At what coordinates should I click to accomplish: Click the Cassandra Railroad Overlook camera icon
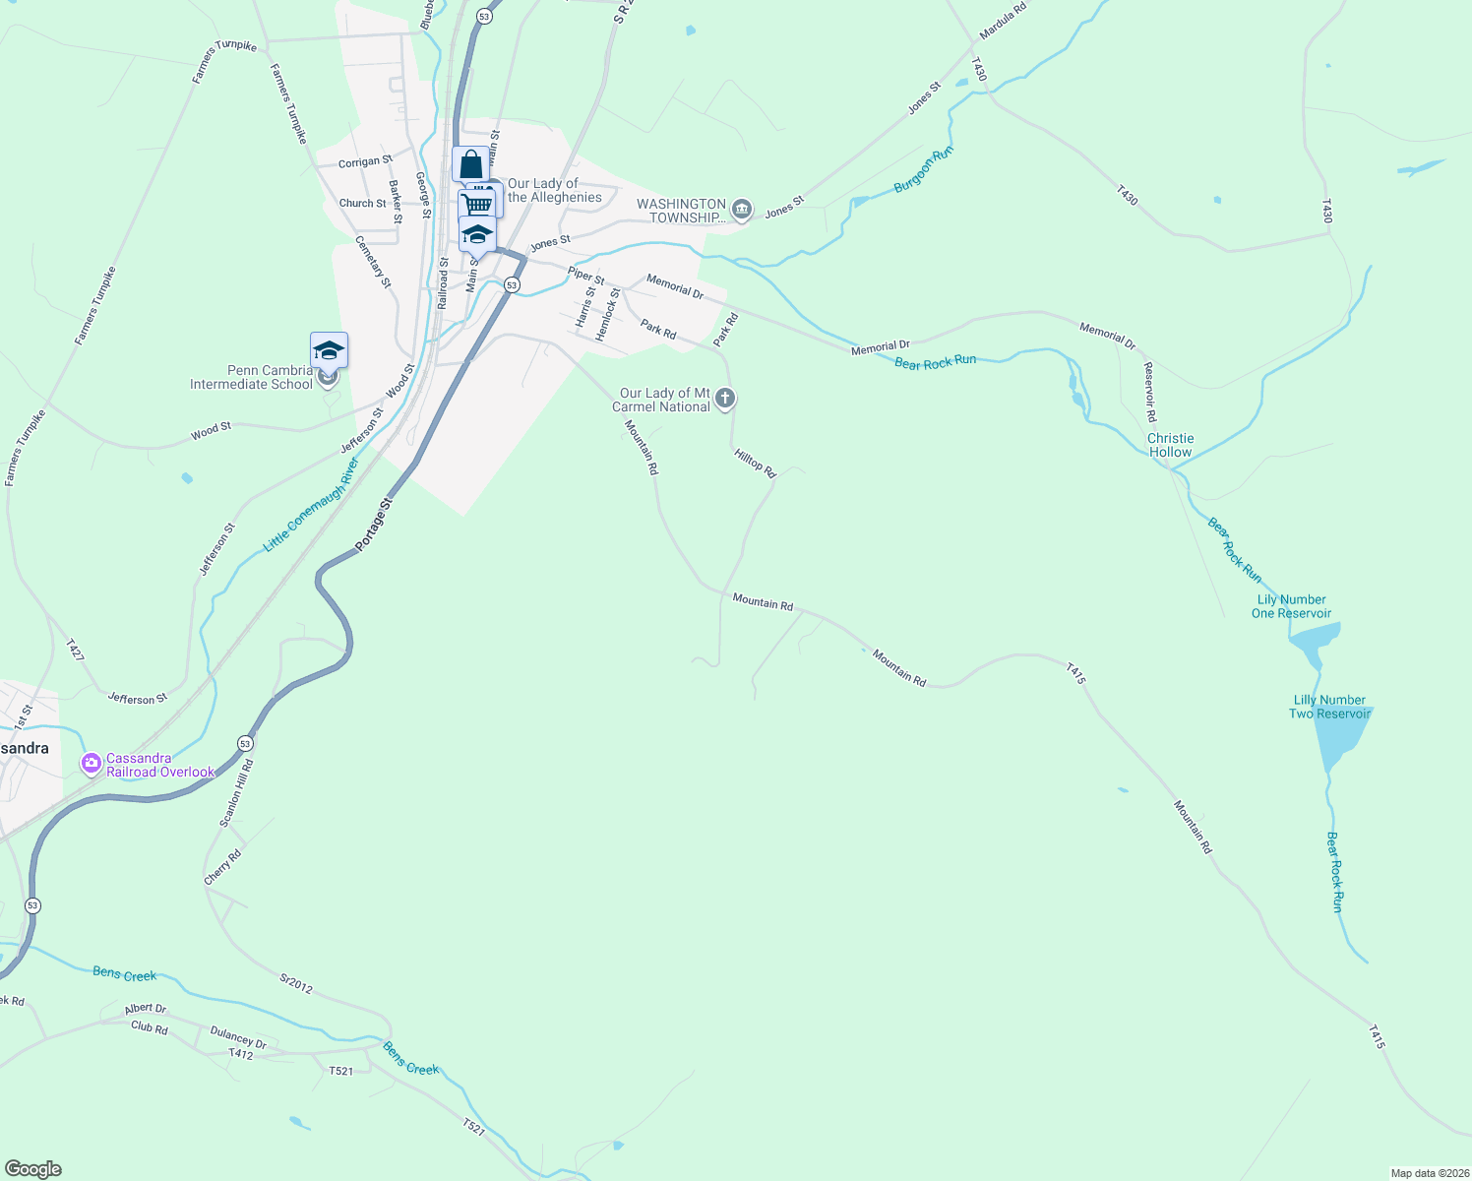(92, 764)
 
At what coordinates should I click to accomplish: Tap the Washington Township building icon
(742, 209)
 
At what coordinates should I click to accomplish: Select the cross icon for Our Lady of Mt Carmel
(725, 399)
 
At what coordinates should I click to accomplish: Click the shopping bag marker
(470, 163)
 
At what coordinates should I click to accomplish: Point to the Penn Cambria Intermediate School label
(251, 378)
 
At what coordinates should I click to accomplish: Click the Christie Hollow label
(1170, 445)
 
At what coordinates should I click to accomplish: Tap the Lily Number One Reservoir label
(1291, 606)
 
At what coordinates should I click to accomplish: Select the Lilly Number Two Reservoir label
(1329, 707)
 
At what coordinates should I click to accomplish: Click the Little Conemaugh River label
(311, 504)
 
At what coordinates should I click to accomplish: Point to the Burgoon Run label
(923, 170)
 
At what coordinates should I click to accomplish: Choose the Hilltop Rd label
(755, 464)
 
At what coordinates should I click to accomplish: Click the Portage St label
(374, 523)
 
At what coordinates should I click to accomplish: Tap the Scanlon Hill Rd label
(236, 792)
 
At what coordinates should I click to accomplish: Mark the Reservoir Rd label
(1149, 392)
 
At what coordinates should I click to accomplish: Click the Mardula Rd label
(1003, 21)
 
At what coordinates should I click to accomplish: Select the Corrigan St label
(365, 162)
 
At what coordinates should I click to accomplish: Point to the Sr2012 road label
(296, 983)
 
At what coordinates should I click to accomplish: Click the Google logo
(33, 1169)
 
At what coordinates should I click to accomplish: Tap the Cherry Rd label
(222, 867)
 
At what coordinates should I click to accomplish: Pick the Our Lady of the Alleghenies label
(554, 190)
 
